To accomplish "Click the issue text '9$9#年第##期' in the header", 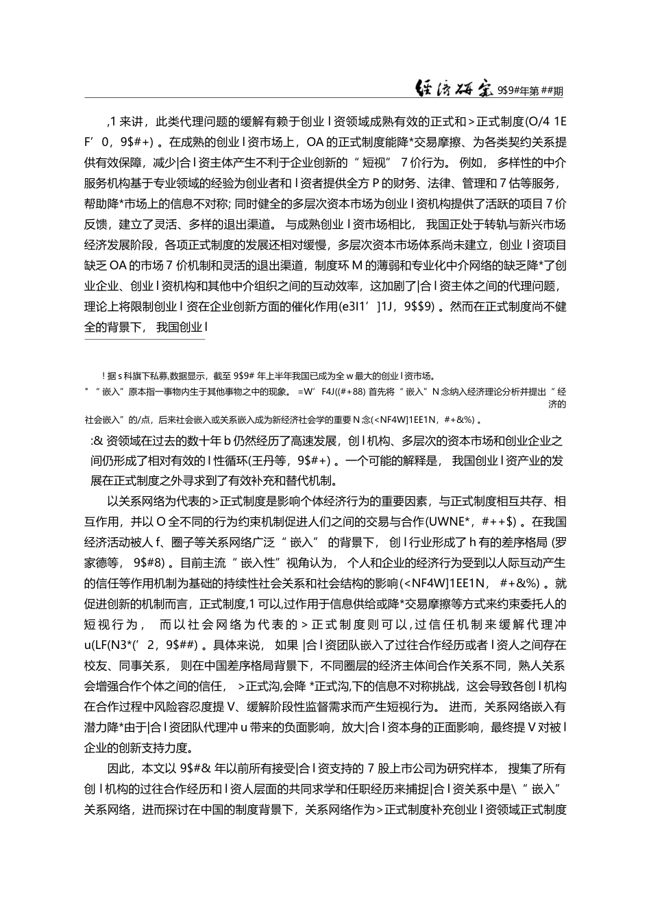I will (535, 89).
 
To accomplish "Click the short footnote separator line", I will (144, 339).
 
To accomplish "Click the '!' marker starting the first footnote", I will (103, 375).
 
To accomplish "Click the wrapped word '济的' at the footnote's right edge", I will (558, 404).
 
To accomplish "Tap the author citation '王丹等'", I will (293, 460).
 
